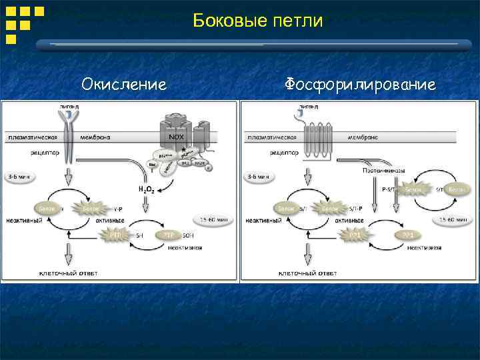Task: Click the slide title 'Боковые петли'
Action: point(257,21)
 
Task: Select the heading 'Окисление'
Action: point(123,85)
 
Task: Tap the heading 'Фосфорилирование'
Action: point(361,85)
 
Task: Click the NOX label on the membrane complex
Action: point(177,137)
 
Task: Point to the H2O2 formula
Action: point(147,190)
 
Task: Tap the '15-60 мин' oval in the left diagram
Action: point(213,219)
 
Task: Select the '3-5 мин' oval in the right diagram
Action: point(257,177)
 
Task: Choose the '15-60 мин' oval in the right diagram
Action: point(453,219)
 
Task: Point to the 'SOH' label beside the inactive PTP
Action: point(189,235)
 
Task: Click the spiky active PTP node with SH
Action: point(113,235)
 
